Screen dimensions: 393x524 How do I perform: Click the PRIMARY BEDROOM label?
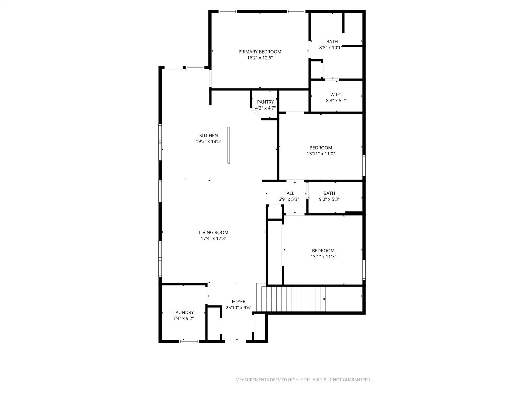[260, 52]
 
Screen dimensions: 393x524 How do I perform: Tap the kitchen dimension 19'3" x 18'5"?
[209, 141]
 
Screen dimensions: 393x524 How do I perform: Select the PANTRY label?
[265, 102]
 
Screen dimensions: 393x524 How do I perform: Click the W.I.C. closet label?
[336, 95]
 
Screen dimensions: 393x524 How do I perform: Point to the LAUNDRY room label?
[183, 312]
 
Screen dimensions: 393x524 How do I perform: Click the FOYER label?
[238, 302]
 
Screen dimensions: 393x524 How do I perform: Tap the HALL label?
[289, 193]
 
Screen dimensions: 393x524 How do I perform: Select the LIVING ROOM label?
[213, 232]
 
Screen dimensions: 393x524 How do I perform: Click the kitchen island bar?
[229, 145]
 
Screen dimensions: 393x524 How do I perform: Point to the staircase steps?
[292, 299]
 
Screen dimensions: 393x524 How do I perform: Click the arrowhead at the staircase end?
[324, 299]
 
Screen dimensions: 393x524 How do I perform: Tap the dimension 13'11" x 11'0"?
[321, 154]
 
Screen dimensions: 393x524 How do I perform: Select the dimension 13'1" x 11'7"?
[323, 257]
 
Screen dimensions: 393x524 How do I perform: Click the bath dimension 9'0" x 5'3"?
[329, 199]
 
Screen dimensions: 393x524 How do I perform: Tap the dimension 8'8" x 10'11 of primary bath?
[331, 48]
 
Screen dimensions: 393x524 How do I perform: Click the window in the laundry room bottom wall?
[189, 341]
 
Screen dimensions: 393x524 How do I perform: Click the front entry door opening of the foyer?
[235, 341]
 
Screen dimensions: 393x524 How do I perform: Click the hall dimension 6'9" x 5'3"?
[289, 199]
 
